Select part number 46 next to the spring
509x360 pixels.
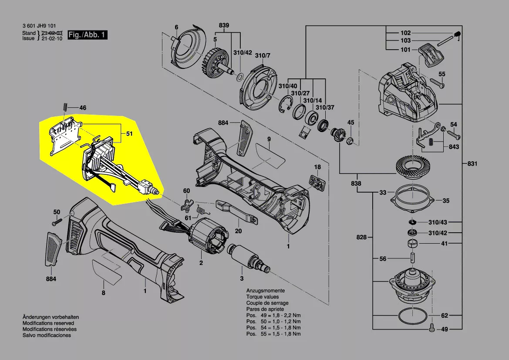82,107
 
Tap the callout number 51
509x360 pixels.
129,134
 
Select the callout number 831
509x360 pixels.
472,164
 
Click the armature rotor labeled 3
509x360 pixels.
249,260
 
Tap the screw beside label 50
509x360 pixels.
54,223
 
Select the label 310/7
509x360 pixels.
263,55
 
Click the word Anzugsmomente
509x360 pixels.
266,291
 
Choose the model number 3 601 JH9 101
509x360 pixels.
39,27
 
